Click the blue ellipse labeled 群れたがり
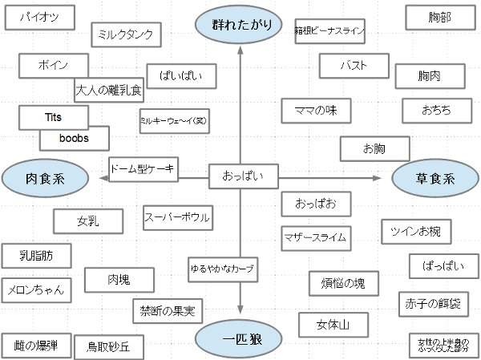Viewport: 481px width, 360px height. point(241,25)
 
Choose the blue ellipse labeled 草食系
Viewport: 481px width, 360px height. point(435,178)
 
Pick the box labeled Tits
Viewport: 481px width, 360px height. point(54,117)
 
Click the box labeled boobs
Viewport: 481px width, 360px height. point(75,138)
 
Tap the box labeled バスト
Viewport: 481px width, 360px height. point(354,64)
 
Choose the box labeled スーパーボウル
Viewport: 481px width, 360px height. point(177,217)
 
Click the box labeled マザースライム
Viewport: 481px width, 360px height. point(314,237)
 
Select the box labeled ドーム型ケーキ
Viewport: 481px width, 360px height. point(143,168)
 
